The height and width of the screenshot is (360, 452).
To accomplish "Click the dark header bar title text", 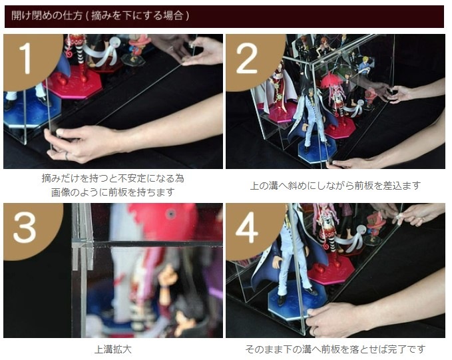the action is [x=101, y=15].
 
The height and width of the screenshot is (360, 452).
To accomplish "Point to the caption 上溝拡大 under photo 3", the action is [x=113, y=349].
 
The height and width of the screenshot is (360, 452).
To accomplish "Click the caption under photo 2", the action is [x=336, y=186].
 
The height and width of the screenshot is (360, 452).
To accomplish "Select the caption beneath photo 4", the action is [x=336, y=349].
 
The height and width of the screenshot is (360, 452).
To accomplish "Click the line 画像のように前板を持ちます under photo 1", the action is [x=113, y=192].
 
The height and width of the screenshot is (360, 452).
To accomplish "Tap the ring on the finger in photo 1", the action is [x=67, y=156].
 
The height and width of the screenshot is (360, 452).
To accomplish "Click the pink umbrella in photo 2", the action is [x=331, y=80].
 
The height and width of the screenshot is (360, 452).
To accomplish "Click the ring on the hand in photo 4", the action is [x=314, y=331].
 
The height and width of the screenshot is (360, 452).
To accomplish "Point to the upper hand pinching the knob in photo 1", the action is [x=199, y=51].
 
